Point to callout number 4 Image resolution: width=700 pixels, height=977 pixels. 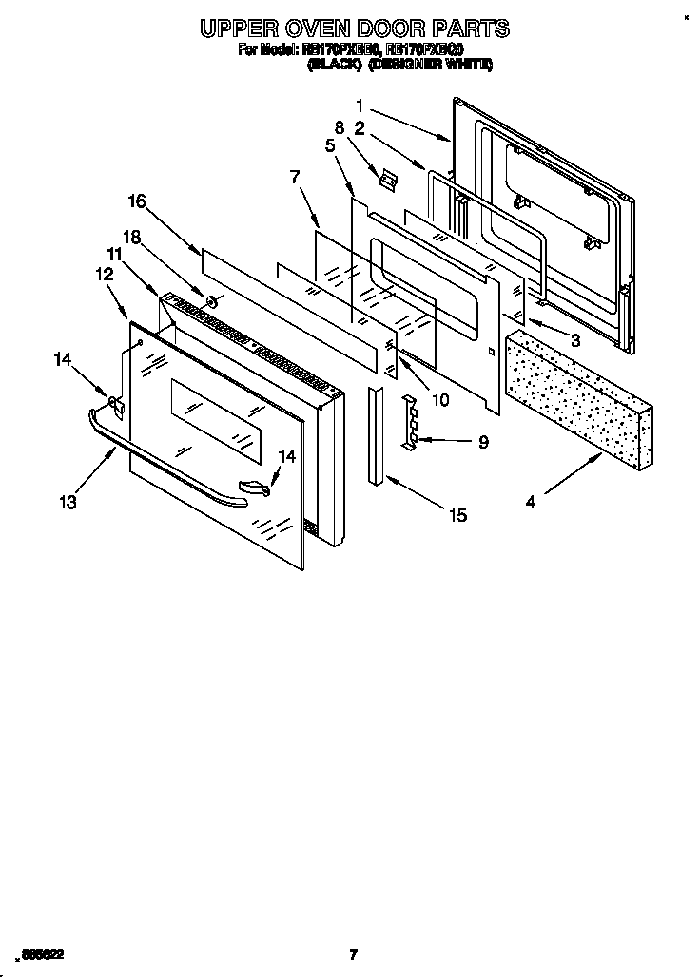[531, 502]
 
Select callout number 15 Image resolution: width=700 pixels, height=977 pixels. [457, 515]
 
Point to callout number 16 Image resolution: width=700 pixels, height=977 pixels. [137, 201]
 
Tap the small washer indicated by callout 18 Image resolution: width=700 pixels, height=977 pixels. [212, 304]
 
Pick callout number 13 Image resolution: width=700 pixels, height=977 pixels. [68, 501]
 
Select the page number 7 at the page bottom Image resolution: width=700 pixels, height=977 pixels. [352, 954]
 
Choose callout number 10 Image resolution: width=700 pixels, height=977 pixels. [440, 399]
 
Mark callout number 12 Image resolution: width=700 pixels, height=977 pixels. [104, 273]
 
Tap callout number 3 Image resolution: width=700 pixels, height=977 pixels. [574, 339]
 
